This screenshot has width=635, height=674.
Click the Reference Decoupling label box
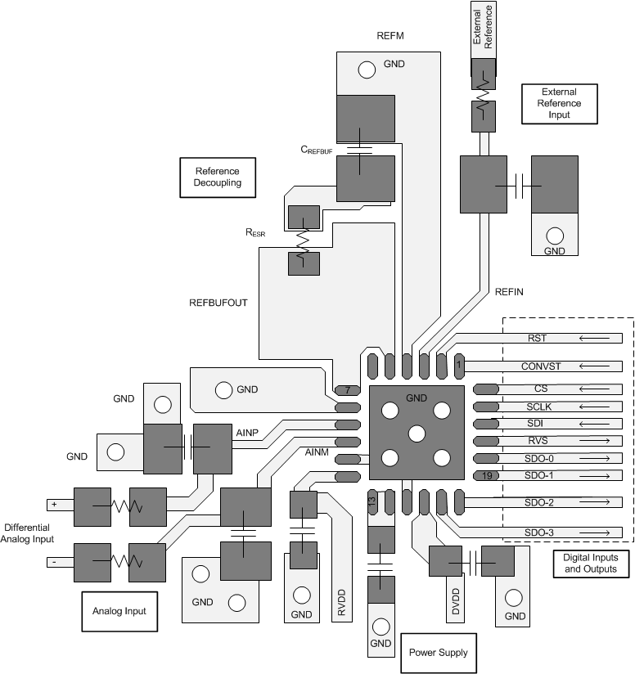click(x=217, y=177)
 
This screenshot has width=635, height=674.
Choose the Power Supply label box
click(x=438, y=652)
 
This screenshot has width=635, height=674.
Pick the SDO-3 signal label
click(x=539, y=533)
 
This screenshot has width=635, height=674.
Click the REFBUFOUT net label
click(x=218, y=302)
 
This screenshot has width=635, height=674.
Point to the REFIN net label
click(x=509, y=292)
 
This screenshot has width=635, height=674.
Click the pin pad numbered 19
click(x=485, y=475)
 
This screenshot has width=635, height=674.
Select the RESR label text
click(x=255, y=232)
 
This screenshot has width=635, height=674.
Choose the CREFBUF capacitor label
click(x=317, y=150)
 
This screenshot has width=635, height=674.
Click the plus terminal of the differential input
click(x=54, y=505)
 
